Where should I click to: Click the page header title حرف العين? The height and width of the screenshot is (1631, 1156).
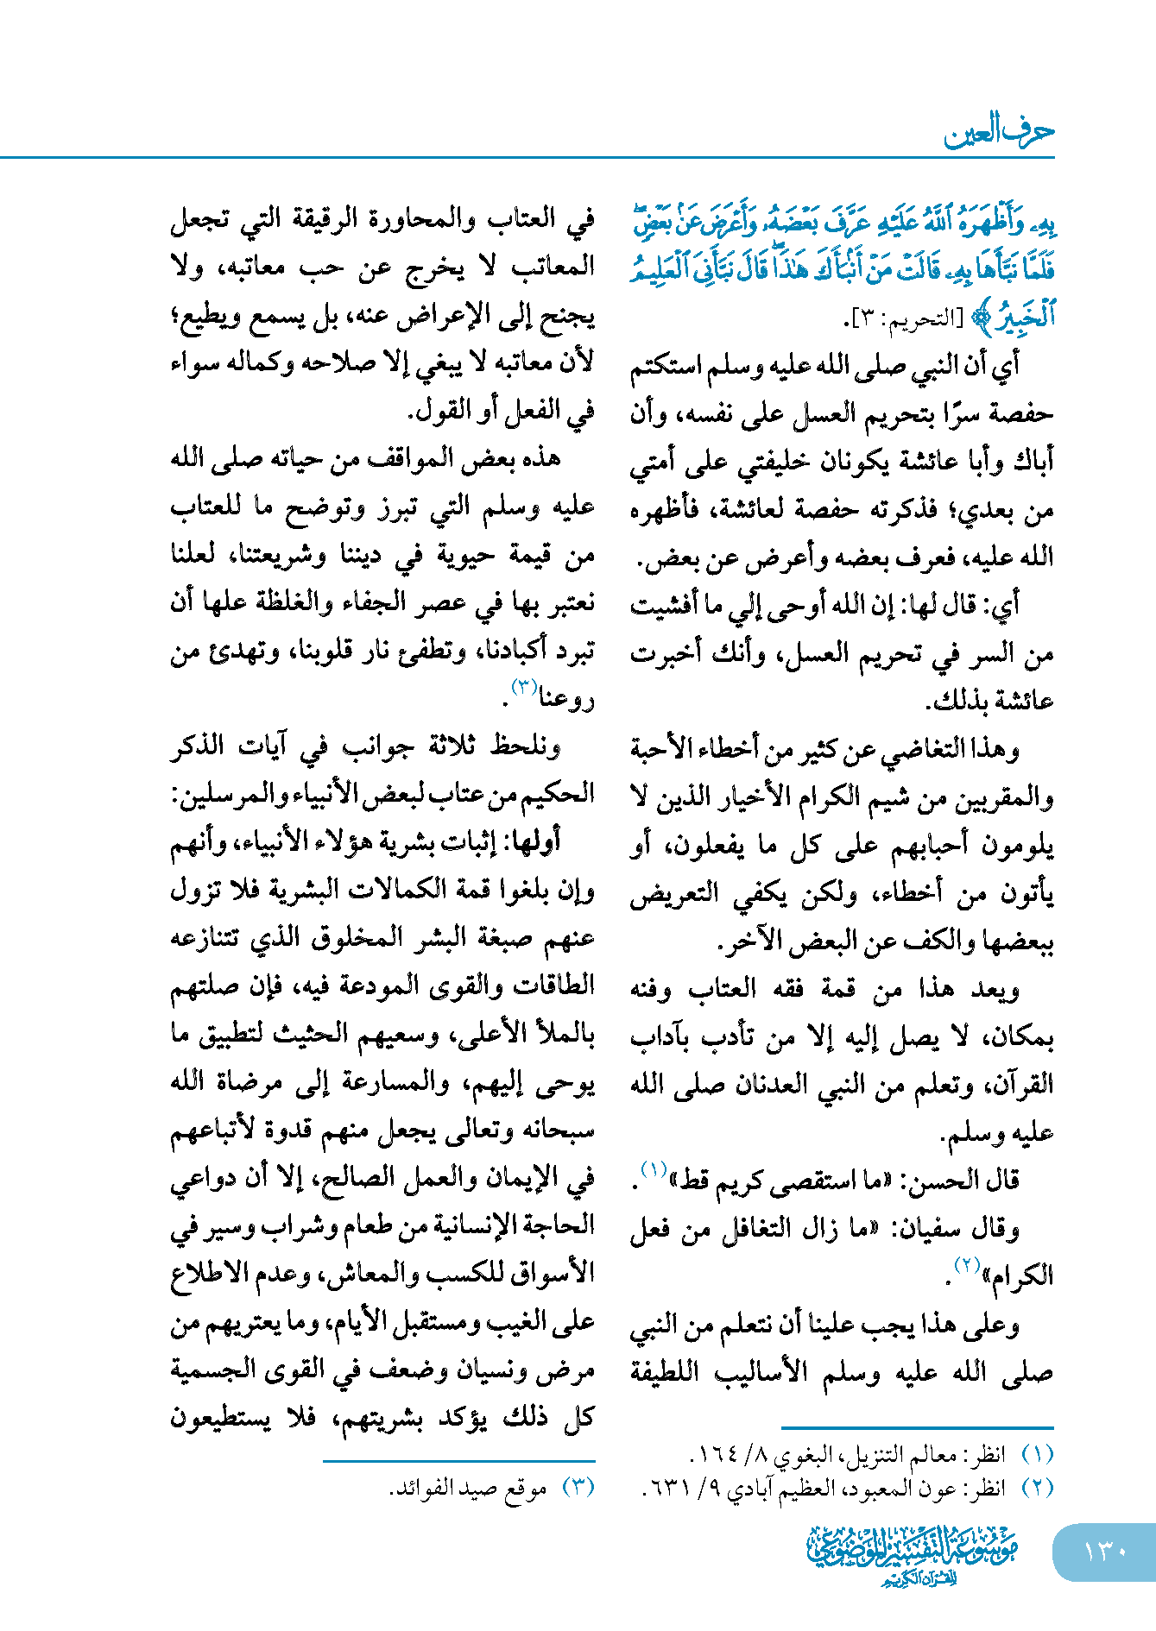999,132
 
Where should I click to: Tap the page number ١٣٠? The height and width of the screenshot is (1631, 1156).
1104,1552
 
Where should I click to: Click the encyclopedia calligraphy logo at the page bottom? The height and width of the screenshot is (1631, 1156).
912,1554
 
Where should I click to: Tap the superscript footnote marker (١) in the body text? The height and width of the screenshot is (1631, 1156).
654,1170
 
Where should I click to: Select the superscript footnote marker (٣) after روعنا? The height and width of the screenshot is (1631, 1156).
525,688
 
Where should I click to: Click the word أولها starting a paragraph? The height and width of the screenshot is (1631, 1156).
536,841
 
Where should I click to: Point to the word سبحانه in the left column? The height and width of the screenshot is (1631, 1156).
556,1130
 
